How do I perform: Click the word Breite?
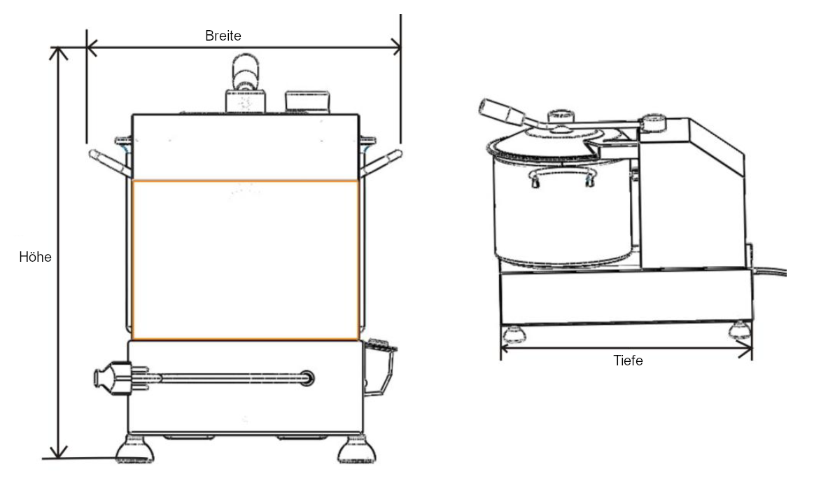point(223,36)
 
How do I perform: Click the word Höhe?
point(35,257)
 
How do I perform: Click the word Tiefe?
point(627,361)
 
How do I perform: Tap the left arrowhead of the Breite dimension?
point(91,48)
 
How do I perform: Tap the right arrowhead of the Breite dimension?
point(396,48)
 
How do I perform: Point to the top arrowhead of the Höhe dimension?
point(61,53)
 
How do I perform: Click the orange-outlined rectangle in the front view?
point(246,260)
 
